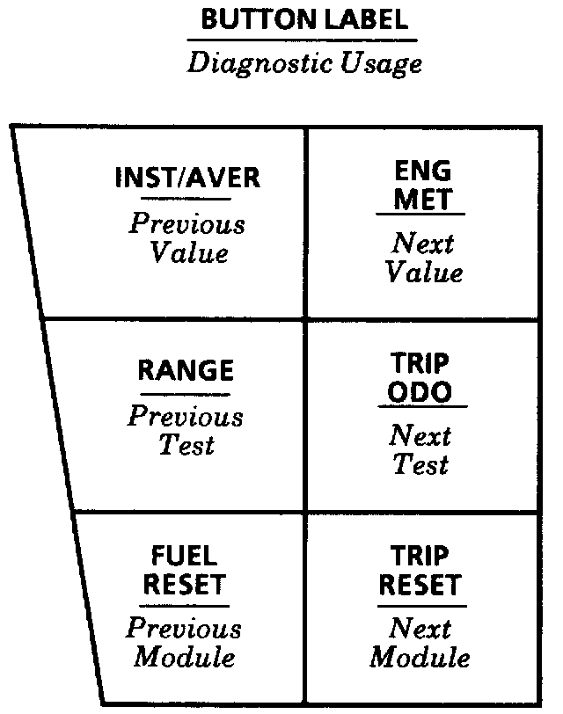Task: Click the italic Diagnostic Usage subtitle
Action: click(304, 64)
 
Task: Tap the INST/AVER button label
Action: click(187, 178)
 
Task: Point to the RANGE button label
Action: click(186, 370)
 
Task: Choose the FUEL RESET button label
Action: click(184, 571)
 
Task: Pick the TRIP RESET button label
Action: click(420, 571)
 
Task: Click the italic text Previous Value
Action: click(187, 237)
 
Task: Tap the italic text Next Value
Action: click(422, 256)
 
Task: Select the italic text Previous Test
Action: click(186, 430)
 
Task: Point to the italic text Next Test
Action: click(420, 448)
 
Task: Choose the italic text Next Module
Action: click(420, 642)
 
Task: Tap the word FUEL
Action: click(184, 557)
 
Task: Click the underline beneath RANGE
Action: click(186, 393)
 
